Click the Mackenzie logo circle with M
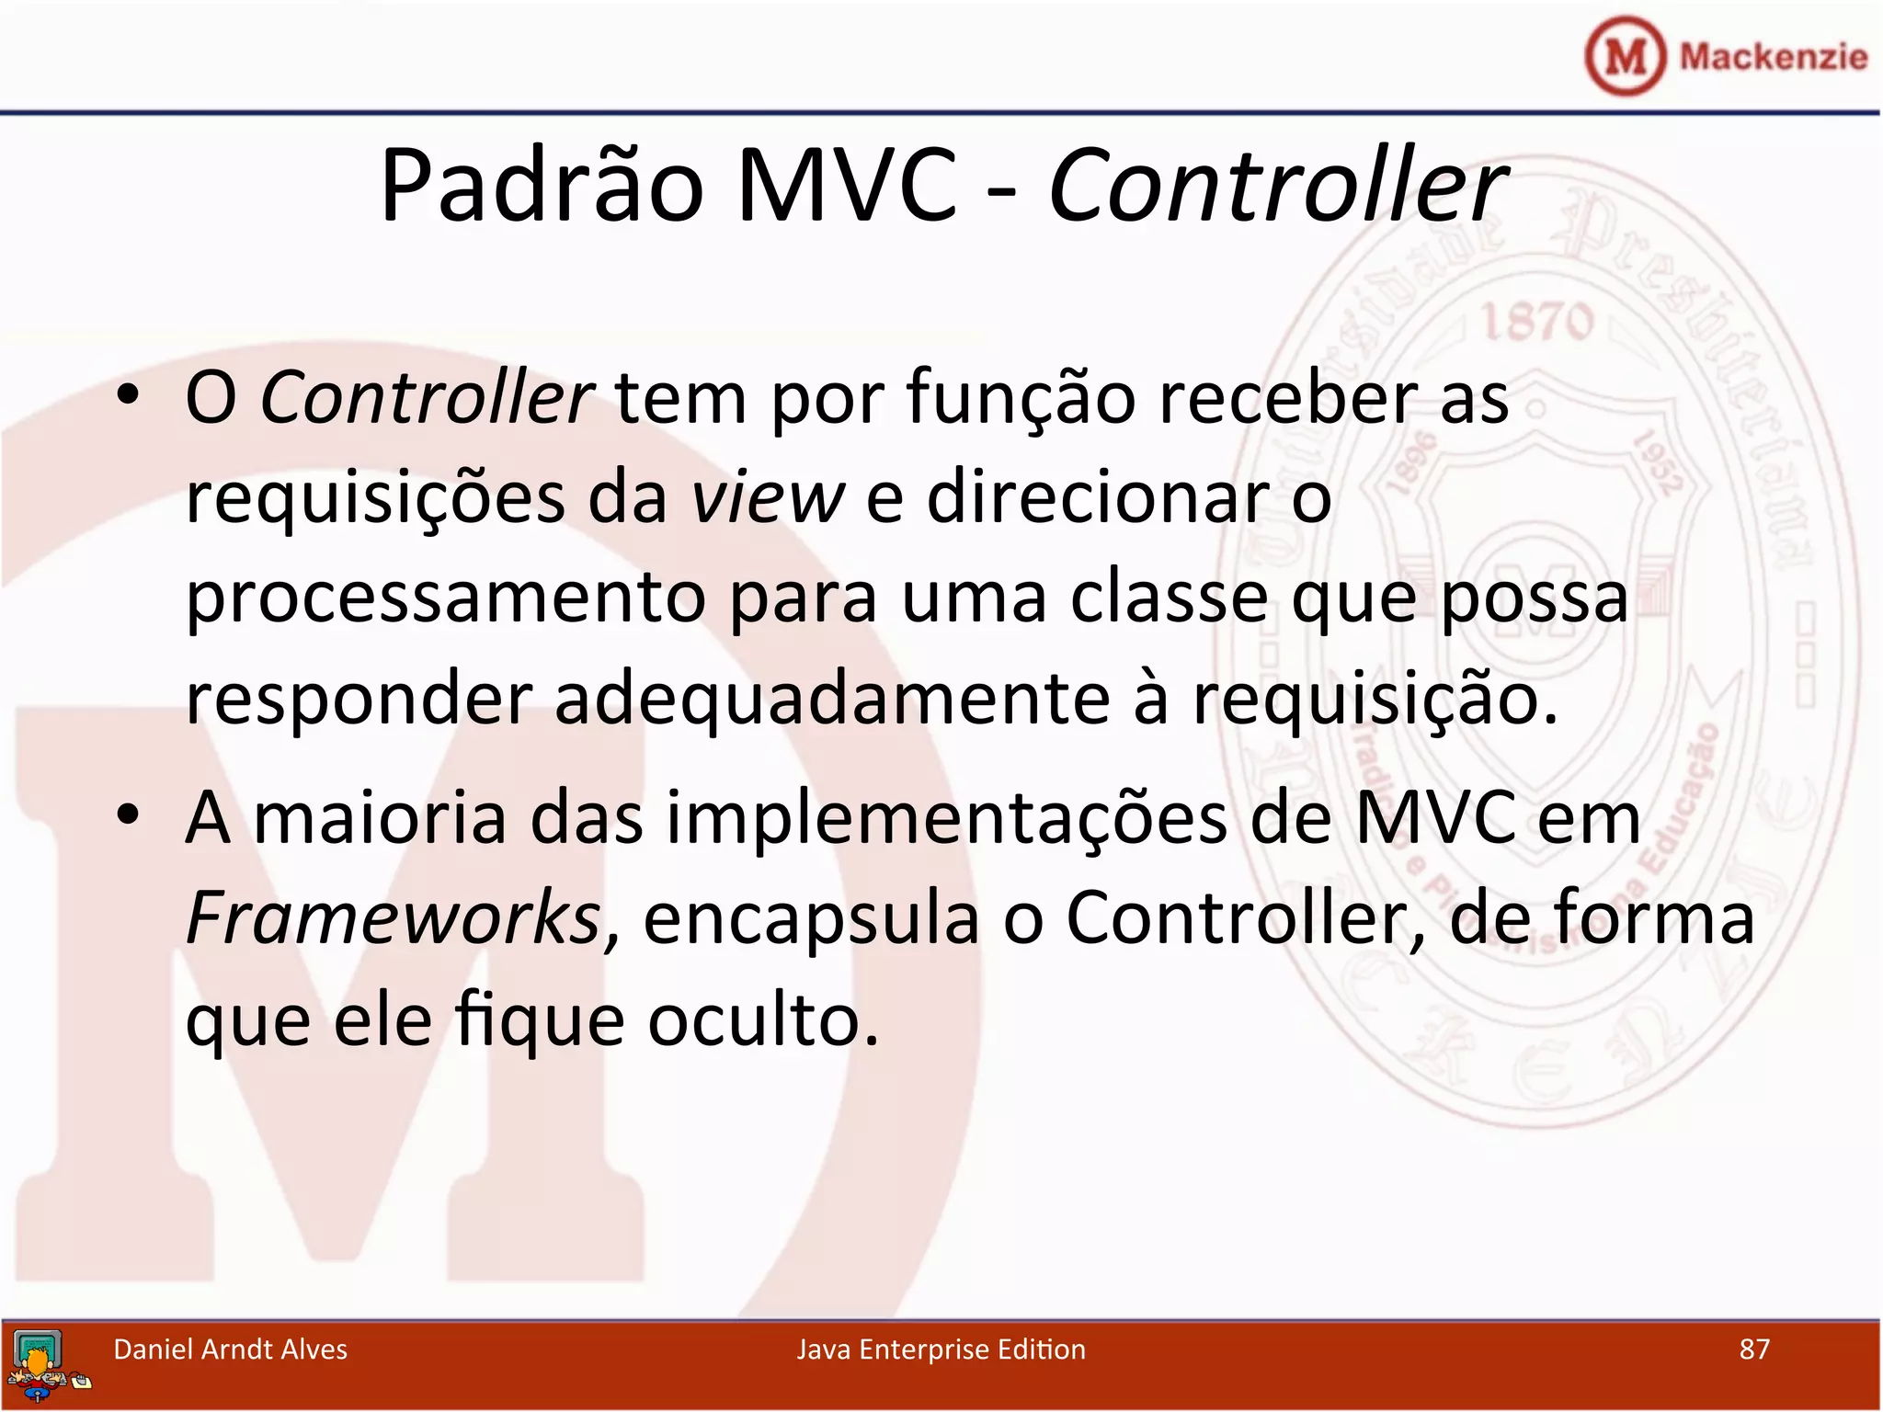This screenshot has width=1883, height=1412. click(x=1624, y=57)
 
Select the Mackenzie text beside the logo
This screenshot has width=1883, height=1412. click(x=1773, y=57)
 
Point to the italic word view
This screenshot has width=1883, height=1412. click(x=767, y=497)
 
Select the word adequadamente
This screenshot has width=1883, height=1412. click(x=832, y=699)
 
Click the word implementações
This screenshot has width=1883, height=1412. click(x=946, y=817)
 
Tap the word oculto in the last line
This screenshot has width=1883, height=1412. click(x=762, y=1020)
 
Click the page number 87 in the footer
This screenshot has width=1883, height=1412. click(x=1754, y=1349)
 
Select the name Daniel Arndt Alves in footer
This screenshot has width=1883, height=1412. click(x=230, y=1349)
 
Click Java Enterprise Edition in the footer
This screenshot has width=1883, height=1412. click(x=941, y=1349)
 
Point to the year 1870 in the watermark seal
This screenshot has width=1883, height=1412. click(x=1536, y=323)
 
